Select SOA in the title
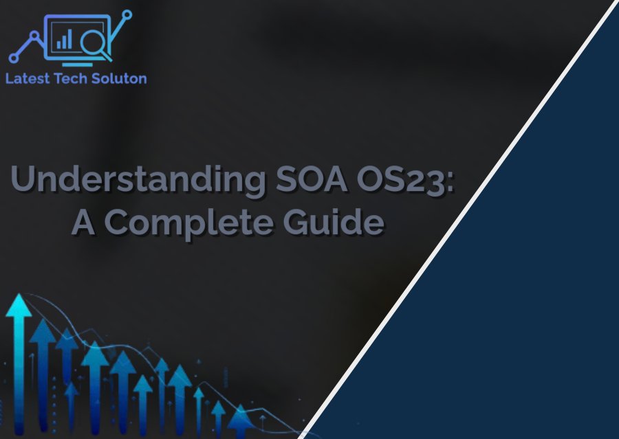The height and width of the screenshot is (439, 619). [312, 179]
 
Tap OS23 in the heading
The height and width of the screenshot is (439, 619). [402, 179]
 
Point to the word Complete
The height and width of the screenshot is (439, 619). [188, 223]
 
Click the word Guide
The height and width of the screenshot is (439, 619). [334, 221]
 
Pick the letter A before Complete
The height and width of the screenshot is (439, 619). [83, 222]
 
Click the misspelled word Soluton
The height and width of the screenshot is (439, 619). [119, 78]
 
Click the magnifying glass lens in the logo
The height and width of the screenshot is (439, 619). [93, 41]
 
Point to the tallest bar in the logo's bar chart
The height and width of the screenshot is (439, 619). [69, 38]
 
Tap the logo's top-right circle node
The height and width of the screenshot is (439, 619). [127, 15]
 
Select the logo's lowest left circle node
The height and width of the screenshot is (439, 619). [14, 58]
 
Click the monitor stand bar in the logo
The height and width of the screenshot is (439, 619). [77, 65]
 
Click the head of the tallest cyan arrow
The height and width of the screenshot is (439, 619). [19, 306]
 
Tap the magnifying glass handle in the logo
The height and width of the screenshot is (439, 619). [106, 56]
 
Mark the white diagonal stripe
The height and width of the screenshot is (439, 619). [458, 219]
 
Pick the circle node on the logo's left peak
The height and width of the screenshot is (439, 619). [35, 36]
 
